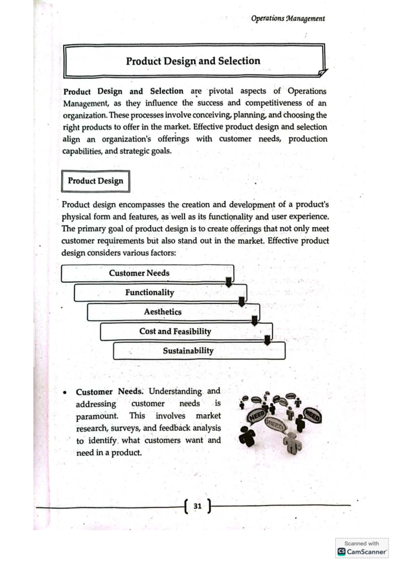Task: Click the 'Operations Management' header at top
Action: pyautogui.click(x=288, y=19)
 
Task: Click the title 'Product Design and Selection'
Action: pyautogui.click(x=193, y=61)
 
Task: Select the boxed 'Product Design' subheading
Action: pyautogui.click(x=95, y=181)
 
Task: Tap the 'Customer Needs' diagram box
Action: pyautogui.click(x=139, y=273)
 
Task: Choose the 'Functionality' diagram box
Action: pyautogui.click(x=150, y=292)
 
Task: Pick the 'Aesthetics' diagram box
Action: pyautogui.click(x=163, y=312)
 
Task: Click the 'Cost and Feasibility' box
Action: pyautogui.click(x=175, y=331)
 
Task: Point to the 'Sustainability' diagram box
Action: pyautogui.click(x=188, y=351)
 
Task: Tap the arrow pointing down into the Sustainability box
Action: pyautogui.click(x=267, y=340)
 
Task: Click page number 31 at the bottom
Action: pyautogui.click(x=198, y=506)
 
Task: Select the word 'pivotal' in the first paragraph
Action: pyautogui.click(x=221, y=91)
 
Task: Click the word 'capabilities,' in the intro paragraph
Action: pyautogui.click(x=82, y=151)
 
